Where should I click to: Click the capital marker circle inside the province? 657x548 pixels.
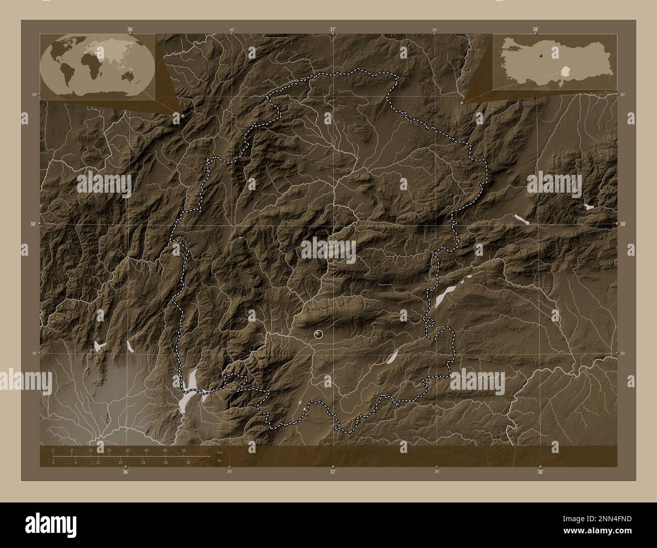click(318, 334)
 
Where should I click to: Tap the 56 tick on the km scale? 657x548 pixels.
click(183, 450)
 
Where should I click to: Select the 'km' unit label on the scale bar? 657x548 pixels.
click(219, 452)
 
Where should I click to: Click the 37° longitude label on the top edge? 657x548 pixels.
click(333, 29)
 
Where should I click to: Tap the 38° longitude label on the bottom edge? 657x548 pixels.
click(540, 472)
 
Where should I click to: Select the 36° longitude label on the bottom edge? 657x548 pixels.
click(125, 472)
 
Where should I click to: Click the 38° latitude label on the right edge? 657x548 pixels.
click(623, 223)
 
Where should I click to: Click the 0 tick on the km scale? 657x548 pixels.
click(53, 450)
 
